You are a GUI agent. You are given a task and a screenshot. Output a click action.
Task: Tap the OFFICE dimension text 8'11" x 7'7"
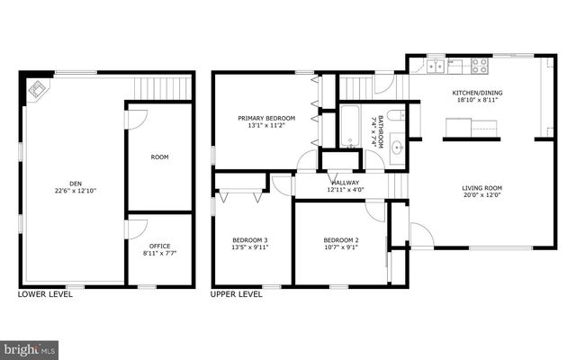(159, 253)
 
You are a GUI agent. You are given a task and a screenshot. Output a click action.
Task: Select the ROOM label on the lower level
(159, 157)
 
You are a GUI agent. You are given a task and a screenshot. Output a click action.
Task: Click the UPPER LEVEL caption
(236, 294)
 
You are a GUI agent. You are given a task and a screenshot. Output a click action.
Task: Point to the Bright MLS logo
(29, 347)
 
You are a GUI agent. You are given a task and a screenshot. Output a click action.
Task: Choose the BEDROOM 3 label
(250, 239)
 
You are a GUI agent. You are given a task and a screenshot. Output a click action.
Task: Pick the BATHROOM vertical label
(381, 131)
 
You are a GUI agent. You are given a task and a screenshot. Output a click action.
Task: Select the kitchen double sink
(436, 65)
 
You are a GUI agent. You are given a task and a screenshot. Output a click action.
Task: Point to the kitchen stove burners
(479, 65)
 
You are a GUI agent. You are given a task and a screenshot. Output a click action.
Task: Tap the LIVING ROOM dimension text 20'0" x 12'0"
(481, 194)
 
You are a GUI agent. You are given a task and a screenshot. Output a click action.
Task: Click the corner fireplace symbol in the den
(38, 88)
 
